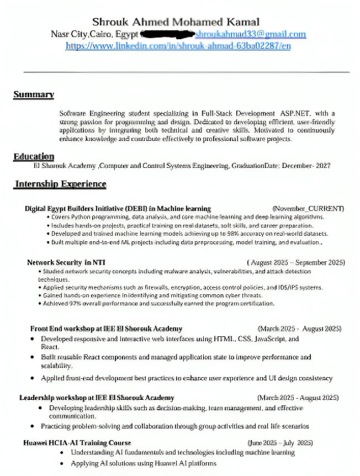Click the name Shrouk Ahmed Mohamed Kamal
[176, 22]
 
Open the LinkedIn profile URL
[178, 46]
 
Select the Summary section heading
[34, 94]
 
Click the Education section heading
[34, 157]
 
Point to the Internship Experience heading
[61, 184]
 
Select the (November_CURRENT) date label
[308, 209]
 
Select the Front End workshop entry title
[106, 329]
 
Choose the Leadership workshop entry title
[97, 398]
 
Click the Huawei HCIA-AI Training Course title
[77, 443]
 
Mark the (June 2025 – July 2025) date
[280, 443]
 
